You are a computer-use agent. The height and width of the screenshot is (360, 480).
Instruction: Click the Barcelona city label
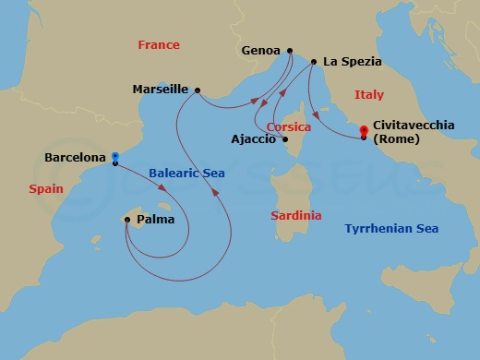75,158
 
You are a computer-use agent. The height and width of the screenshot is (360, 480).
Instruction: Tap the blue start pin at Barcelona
114,157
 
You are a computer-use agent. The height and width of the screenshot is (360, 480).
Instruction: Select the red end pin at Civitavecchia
364,131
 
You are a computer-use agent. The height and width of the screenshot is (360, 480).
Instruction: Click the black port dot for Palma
126,220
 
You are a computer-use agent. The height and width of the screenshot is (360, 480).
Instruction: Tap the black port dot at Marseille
197,90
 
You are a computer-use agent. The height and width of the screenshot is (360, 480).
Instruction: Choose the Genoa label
260,51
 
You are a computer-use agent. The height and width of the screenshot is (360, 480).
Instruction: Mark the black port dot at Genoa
290,51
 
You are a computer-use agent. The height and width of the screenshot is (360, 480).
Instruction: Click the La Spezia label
352,63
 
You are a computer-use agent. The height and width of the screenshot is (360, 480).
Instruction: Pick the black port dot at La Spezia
315,63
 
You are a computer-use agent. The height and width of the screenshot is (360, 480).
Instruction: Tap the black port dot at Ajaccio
285,140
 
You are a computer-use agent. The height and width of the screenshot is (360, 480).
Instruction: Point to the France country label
158,44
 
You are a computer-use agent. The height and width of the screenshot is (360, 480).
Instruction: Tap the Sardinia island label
296,215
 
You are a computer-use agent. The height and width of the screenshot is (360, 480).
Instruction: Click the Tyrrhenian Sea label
390,228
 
